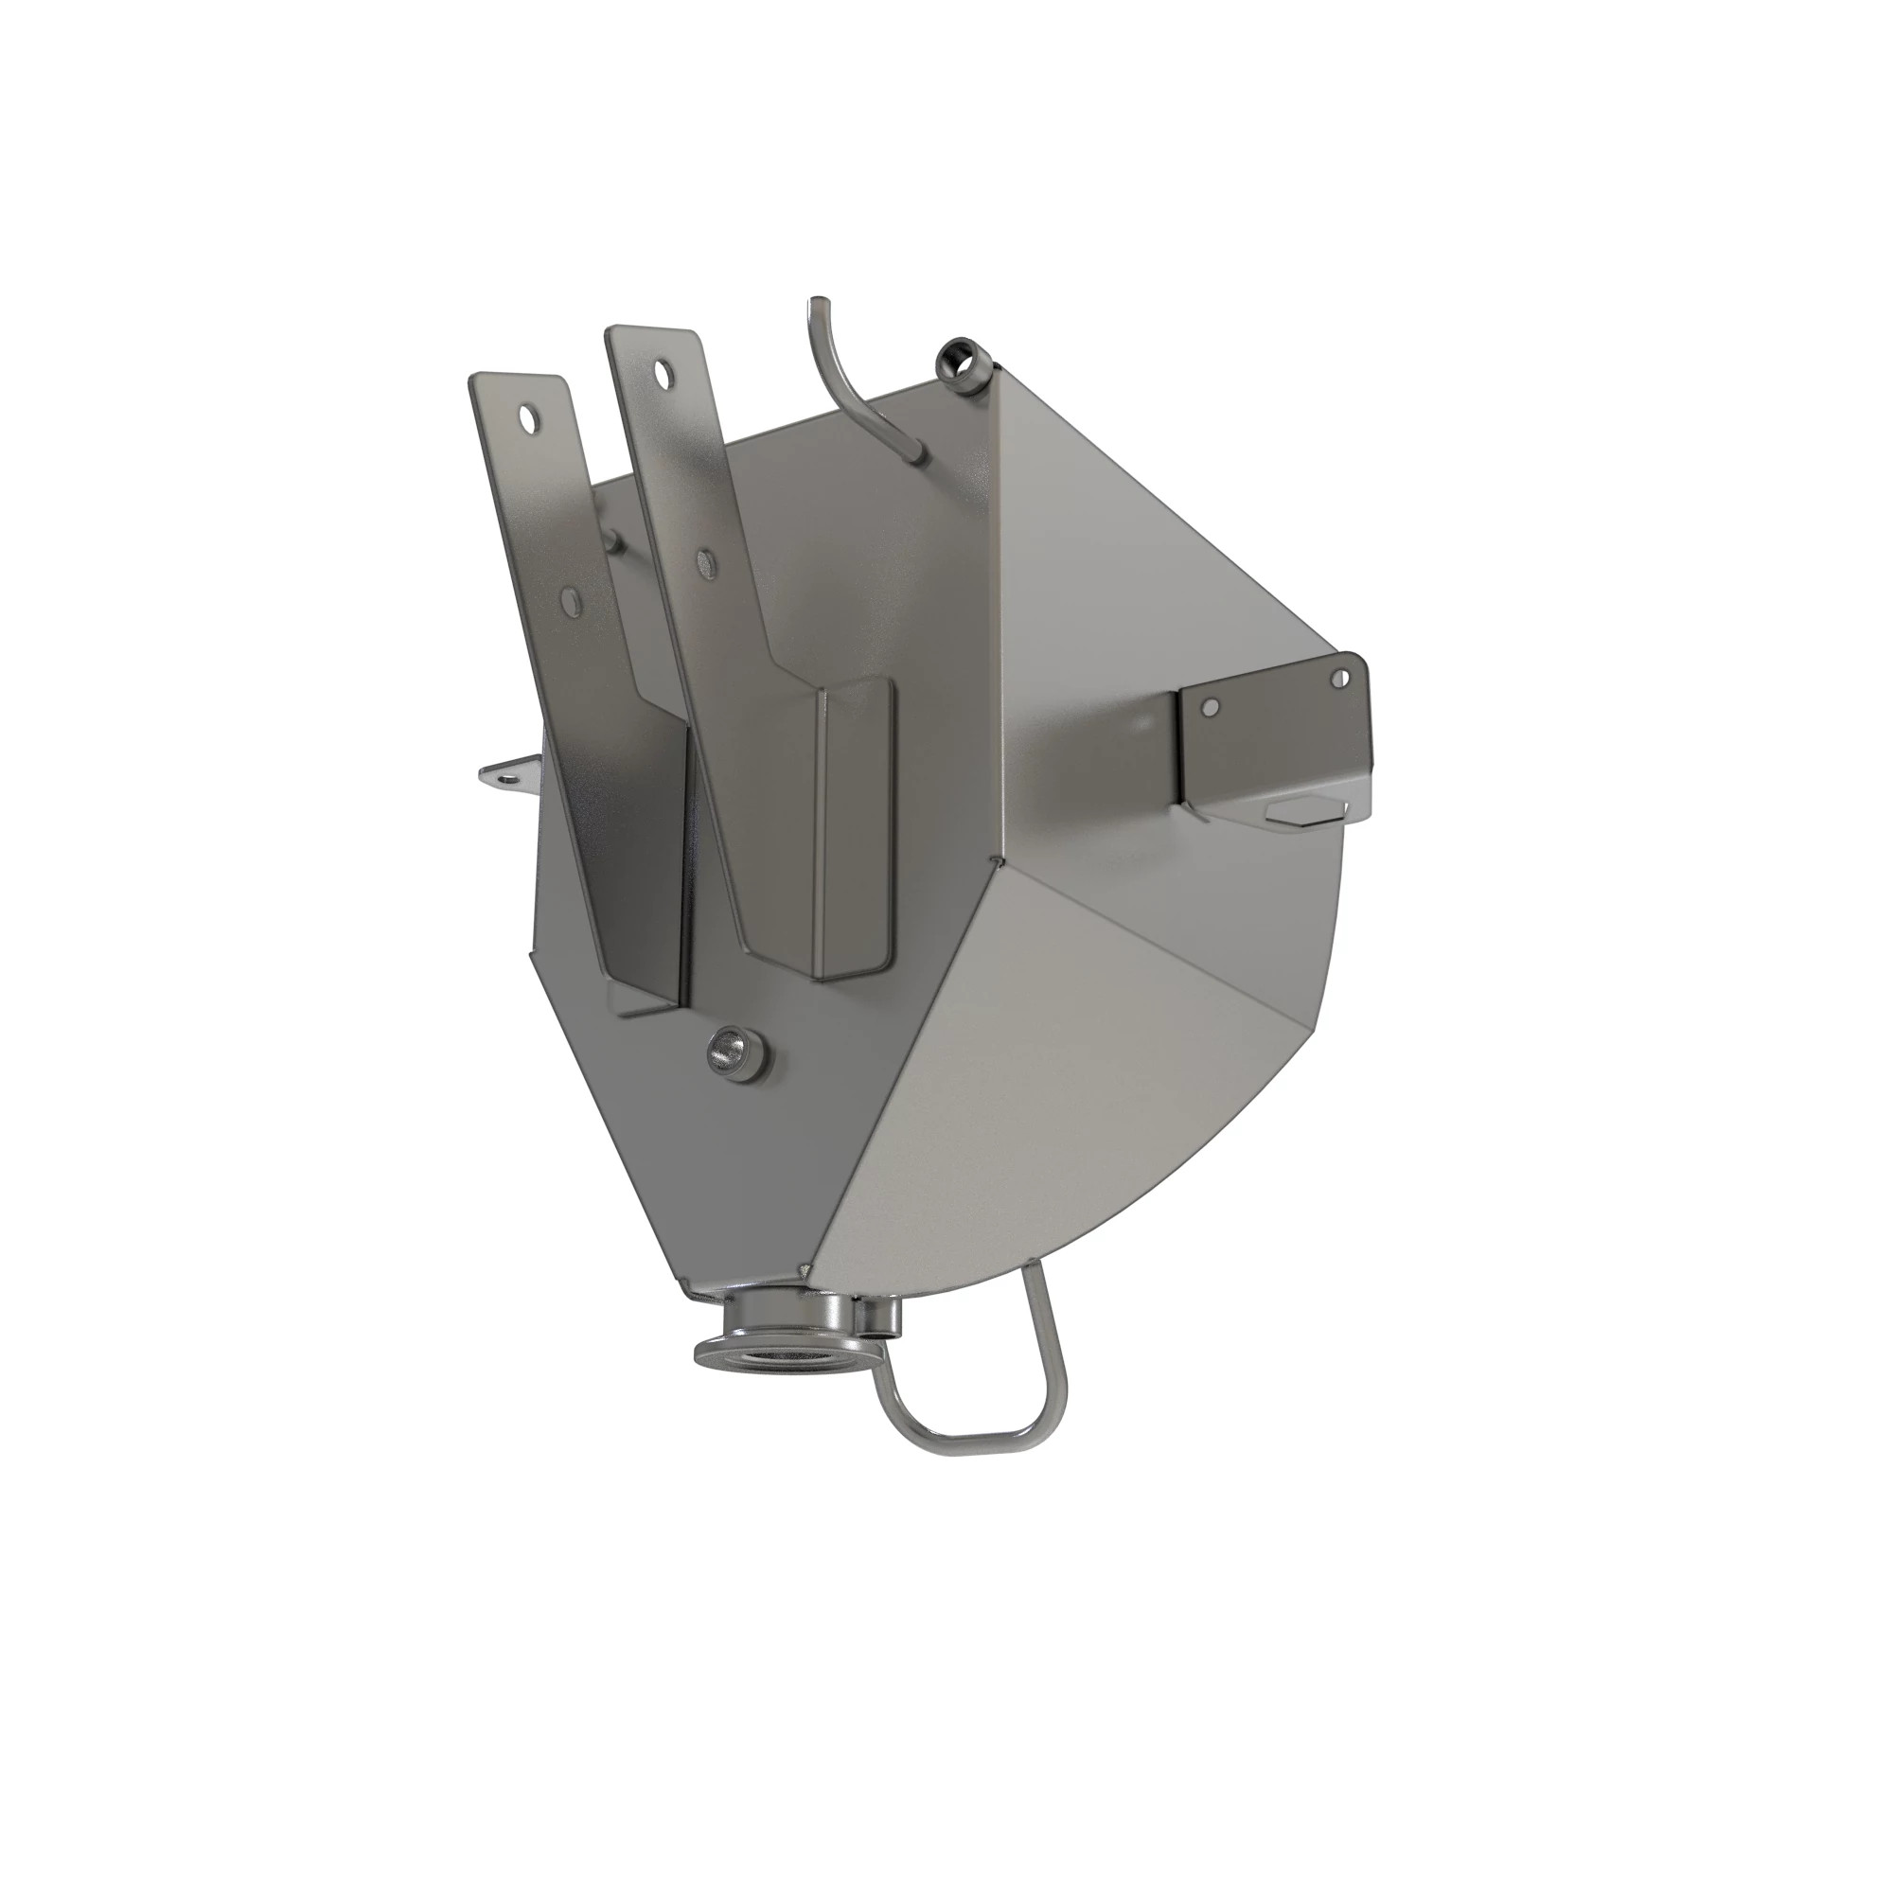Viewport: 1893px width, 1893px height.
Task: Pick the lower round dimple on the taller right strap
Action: [x=702, y=561]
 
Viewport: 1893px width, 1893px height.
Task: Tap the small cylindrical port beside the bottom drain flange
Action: [x=878, y=1318]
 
